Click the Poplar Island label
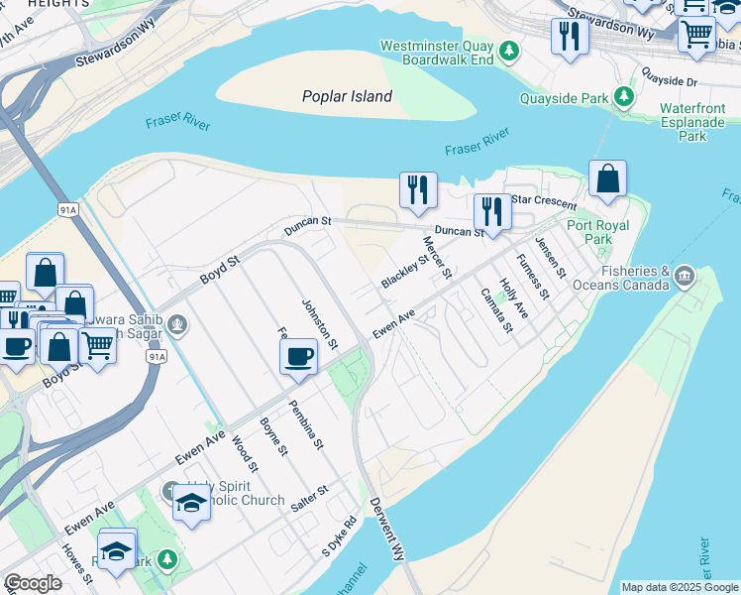347,96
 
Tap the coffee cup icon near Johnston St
299,356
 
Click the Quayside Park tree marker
624,96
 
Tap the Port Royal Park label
597,232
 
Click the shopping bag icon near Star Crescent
607,179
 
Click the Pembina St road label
306,423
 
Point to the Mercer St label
437,256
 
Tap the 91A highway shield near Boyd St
156,355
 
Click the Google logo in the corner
33,583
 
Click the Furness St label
532,276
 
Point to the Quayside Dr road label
670,77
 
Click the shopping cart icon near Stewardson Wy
696,35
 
